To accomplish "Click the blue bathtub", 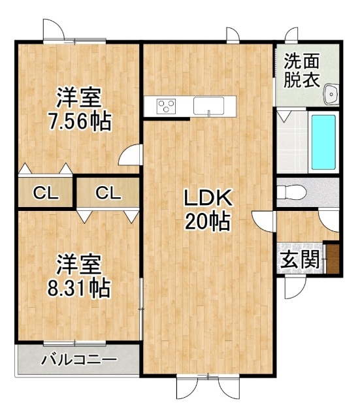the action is [323, 142].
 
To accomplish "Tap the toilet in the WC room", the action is [291, 192].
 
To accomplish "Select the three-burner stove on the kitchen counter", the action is [167, 106].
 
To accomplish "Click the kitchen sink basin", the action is [208, 106].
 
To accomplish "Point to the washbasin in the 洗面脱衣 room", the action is [331, 94].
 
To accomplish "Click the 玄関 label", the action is [300, 259].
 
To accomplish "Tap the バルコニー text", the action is [79, 360].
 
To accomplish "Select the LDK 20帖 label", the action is [208, 210].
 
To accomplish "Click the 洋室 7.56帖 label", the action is [79, 109].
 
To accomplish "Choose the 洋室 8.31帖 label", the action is [79, 276].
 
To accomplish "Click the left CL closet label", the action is [46, 193].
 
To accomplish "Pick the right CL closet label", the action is [108, 193].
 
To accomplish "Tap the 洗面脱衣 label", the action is [302, 71].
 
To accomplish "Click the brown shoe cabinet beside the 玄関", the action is [333, 259].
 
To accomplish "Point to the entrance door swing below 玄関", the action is [295, 287].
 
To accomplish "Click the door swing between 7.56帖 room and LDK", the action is [129, 155].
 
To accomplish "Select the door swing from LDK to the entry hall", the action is [263, 221].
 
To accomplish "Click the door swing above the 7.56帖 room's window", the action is [54, 29].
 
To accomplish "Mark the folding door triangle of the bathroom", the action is [284, 116].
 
